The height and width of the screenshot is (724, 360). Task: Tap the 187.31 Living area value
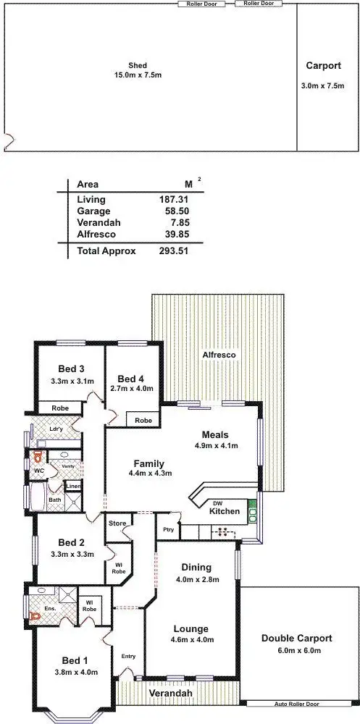pos(174,199)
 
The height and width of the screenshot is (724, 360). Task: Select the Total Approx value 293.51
pos(174,251)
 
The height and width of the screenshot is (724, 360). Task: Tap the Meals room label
pos(216,434)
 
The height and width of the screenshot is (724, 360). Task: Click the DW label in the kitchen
pos(217,502)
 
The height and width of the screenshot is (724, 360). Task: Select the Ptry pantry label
pos(169,530)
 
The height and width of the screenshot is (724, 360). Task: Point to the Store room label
pos(117,523)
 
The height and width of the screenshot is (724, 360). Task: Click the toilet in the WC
pos(36,458)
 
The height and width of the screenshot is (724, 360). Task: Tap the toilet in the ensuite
pos(34,617)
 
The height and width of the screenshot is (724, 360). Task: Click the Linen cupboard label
pos(73,485)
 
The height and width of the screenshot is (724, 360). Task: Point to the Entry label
pos(128,656)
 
